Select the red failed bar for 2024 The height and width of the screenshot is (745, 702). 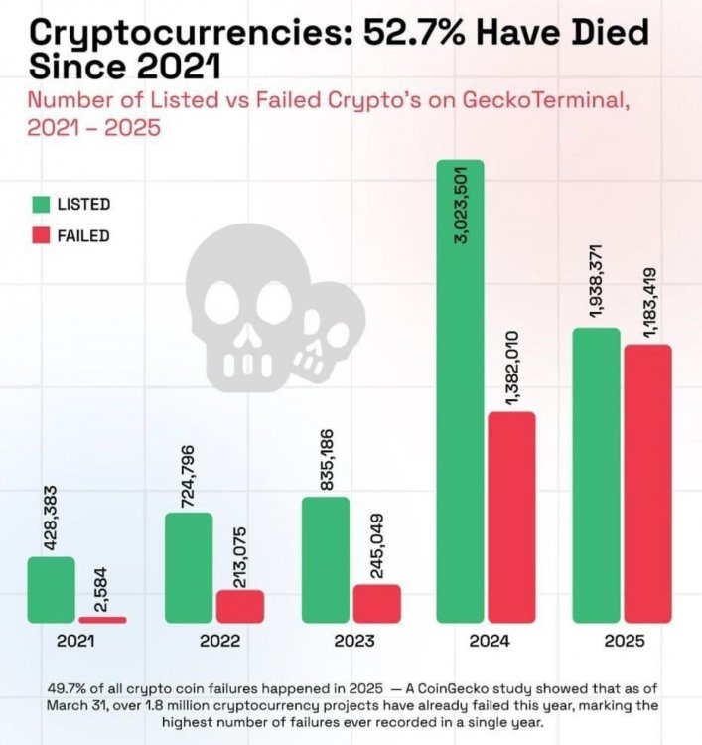click(511, 517)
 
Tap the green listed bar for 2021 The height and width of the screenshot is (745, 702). click(51, 590)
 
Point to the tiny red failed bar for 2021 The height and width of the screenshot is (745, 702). click(102, 620)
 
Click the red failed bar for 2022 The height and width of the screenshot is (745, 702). click(239, 606)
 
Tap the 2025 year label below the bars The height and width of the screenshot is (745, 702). click(624, 642)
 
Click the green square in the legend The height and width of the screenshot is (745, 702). click(41, 205)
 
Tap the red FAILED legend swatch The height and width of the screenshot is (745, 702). click(41, 236)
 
